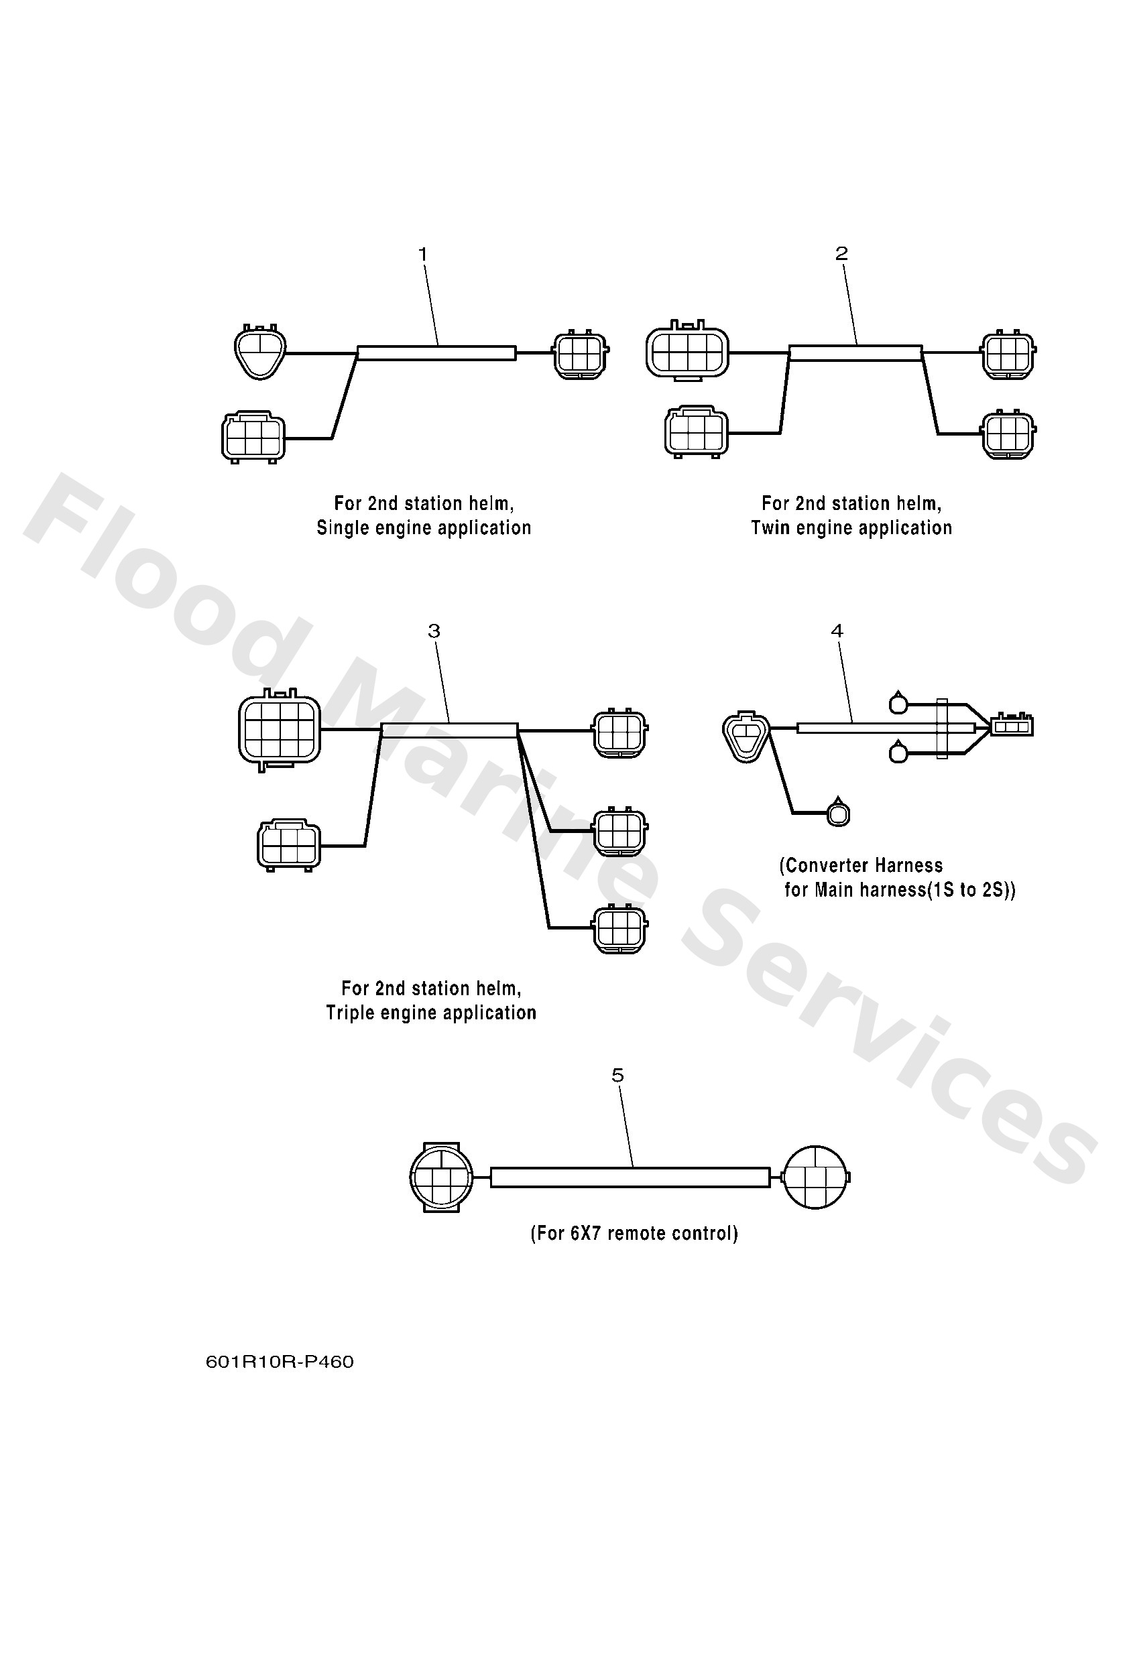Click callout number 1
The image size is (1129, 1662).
pos(423,254)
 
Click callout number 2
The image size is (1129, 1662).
pos(841,253)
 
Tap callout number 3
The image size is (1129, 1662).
pos(434,631)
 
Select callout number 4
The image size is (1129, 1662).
pos(837,631)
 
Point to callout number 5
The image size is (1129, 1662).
pos(618,1076)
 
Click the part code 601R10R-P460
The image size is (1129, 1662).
pos(280,1362)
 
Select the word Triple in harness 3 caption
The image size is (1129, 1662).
pos(349,1013)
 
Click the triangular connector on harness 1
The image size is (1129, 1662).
pos(260,351)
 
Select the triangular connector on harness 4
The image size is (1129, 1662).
pos(746,737)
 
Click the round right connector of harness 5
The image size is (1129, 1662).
pos(817,1176)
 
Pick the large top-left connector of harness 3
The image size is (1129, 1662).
pos(280,729)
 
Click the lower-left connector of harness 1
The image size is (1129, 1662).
pos(253,436)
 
